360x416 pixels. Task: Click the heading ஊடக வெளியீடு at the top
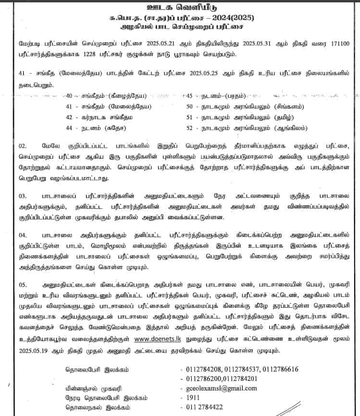(179, 8)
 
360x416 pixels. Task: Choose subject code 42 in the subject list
(72, 117)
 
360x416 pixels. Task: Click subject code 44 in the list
(72, 128)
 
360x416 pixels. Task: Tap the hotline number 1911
(191, 398)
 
